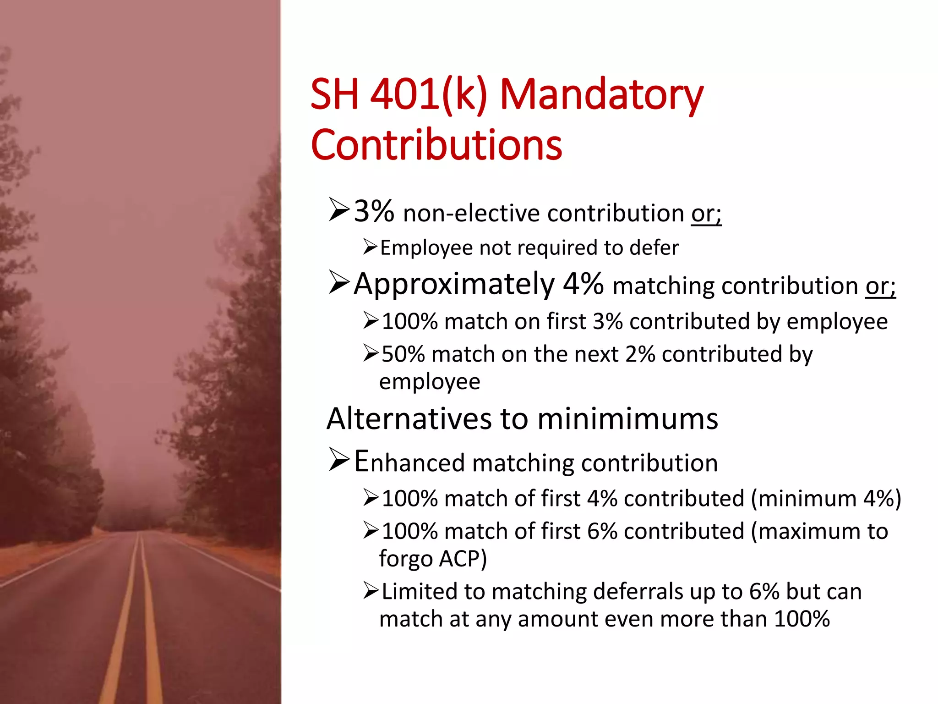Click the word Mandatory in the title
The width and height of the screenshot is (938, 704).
tap(601, 95)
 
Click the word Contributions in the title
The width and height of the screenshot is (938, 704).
tap(436, 145)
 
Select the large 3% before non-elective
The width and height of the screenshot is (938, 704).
tap(374, 212)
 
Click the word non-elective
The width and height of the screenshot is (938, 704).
tap(471, 214)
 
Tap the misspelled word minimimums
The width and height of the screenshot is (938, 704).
tap(627, 419)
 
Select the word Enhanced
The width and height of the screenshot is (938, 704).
tap(409, 462)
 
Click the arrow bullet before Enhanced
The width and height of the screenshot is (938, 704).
tap(339, 461)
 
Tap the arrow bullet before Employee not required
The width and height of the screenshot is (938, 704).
tap(370, 247)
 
